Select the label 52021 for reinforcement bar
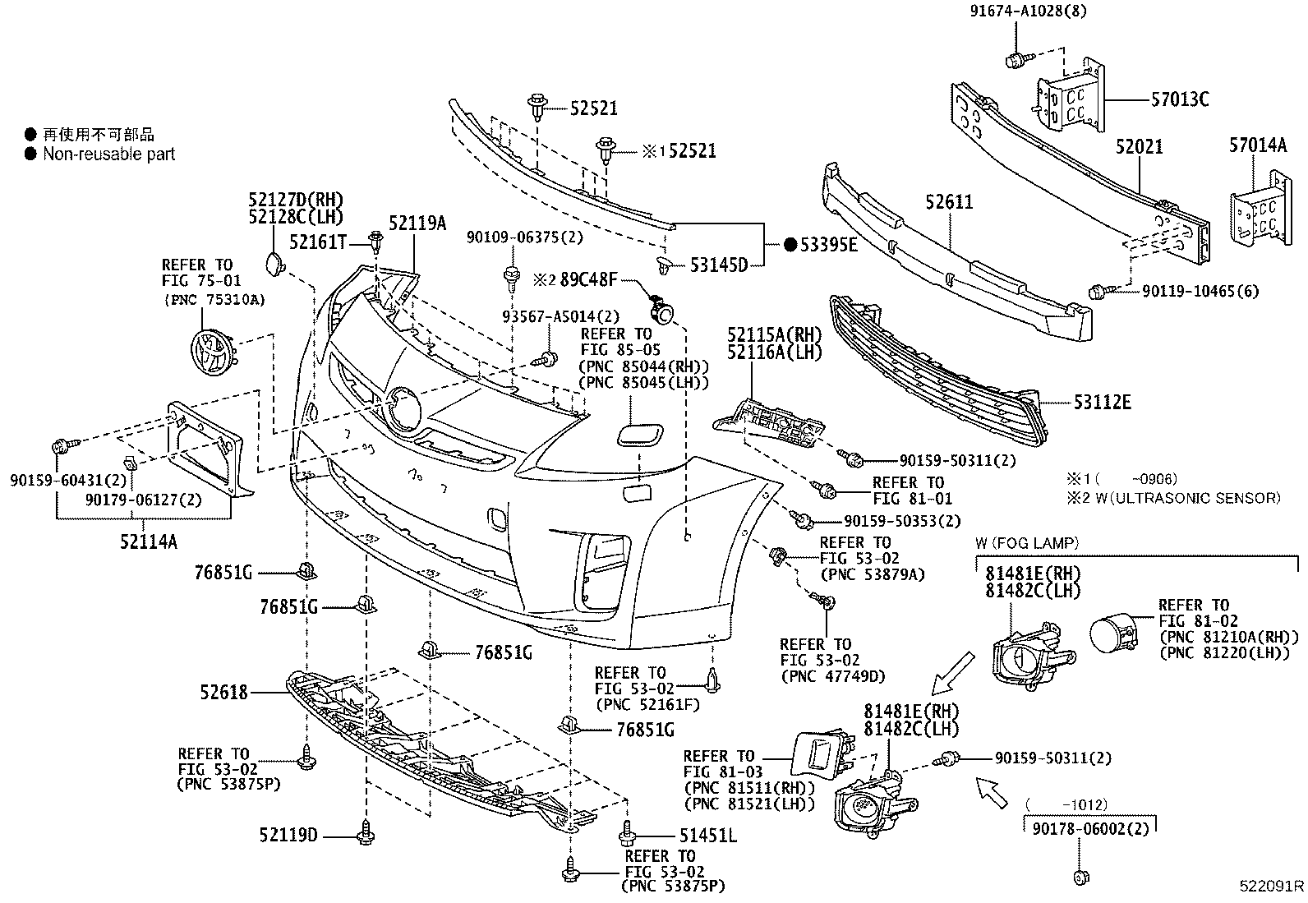(1139, 147)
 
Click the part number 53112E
(1101, 402)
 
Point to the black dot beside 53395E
(790, 244)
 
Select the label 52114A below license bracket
(150, 541)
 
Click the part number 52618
(223, 693)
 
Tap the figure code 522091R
(1271, 887)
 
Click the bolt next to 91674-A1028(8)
(1015, 59)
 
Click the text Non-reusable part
(108, 154)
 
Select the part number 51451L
(707, 836)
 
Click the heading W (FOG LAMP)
(1026, 542)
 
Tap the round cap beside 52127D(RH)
(273, 265)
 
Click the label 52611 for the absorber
(949, 201)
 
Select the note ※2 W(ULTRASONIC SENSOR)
(1173, 497)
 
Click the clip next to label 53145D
(664, 265)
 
